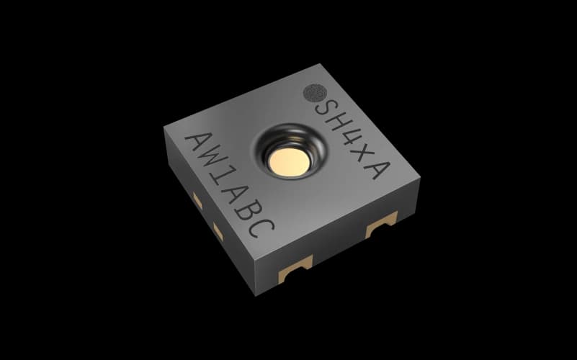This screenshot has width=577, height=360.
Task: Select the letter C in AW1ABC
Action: [261, 228]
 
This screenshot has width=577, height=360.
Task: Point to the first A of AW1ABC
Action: [199, 143]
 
